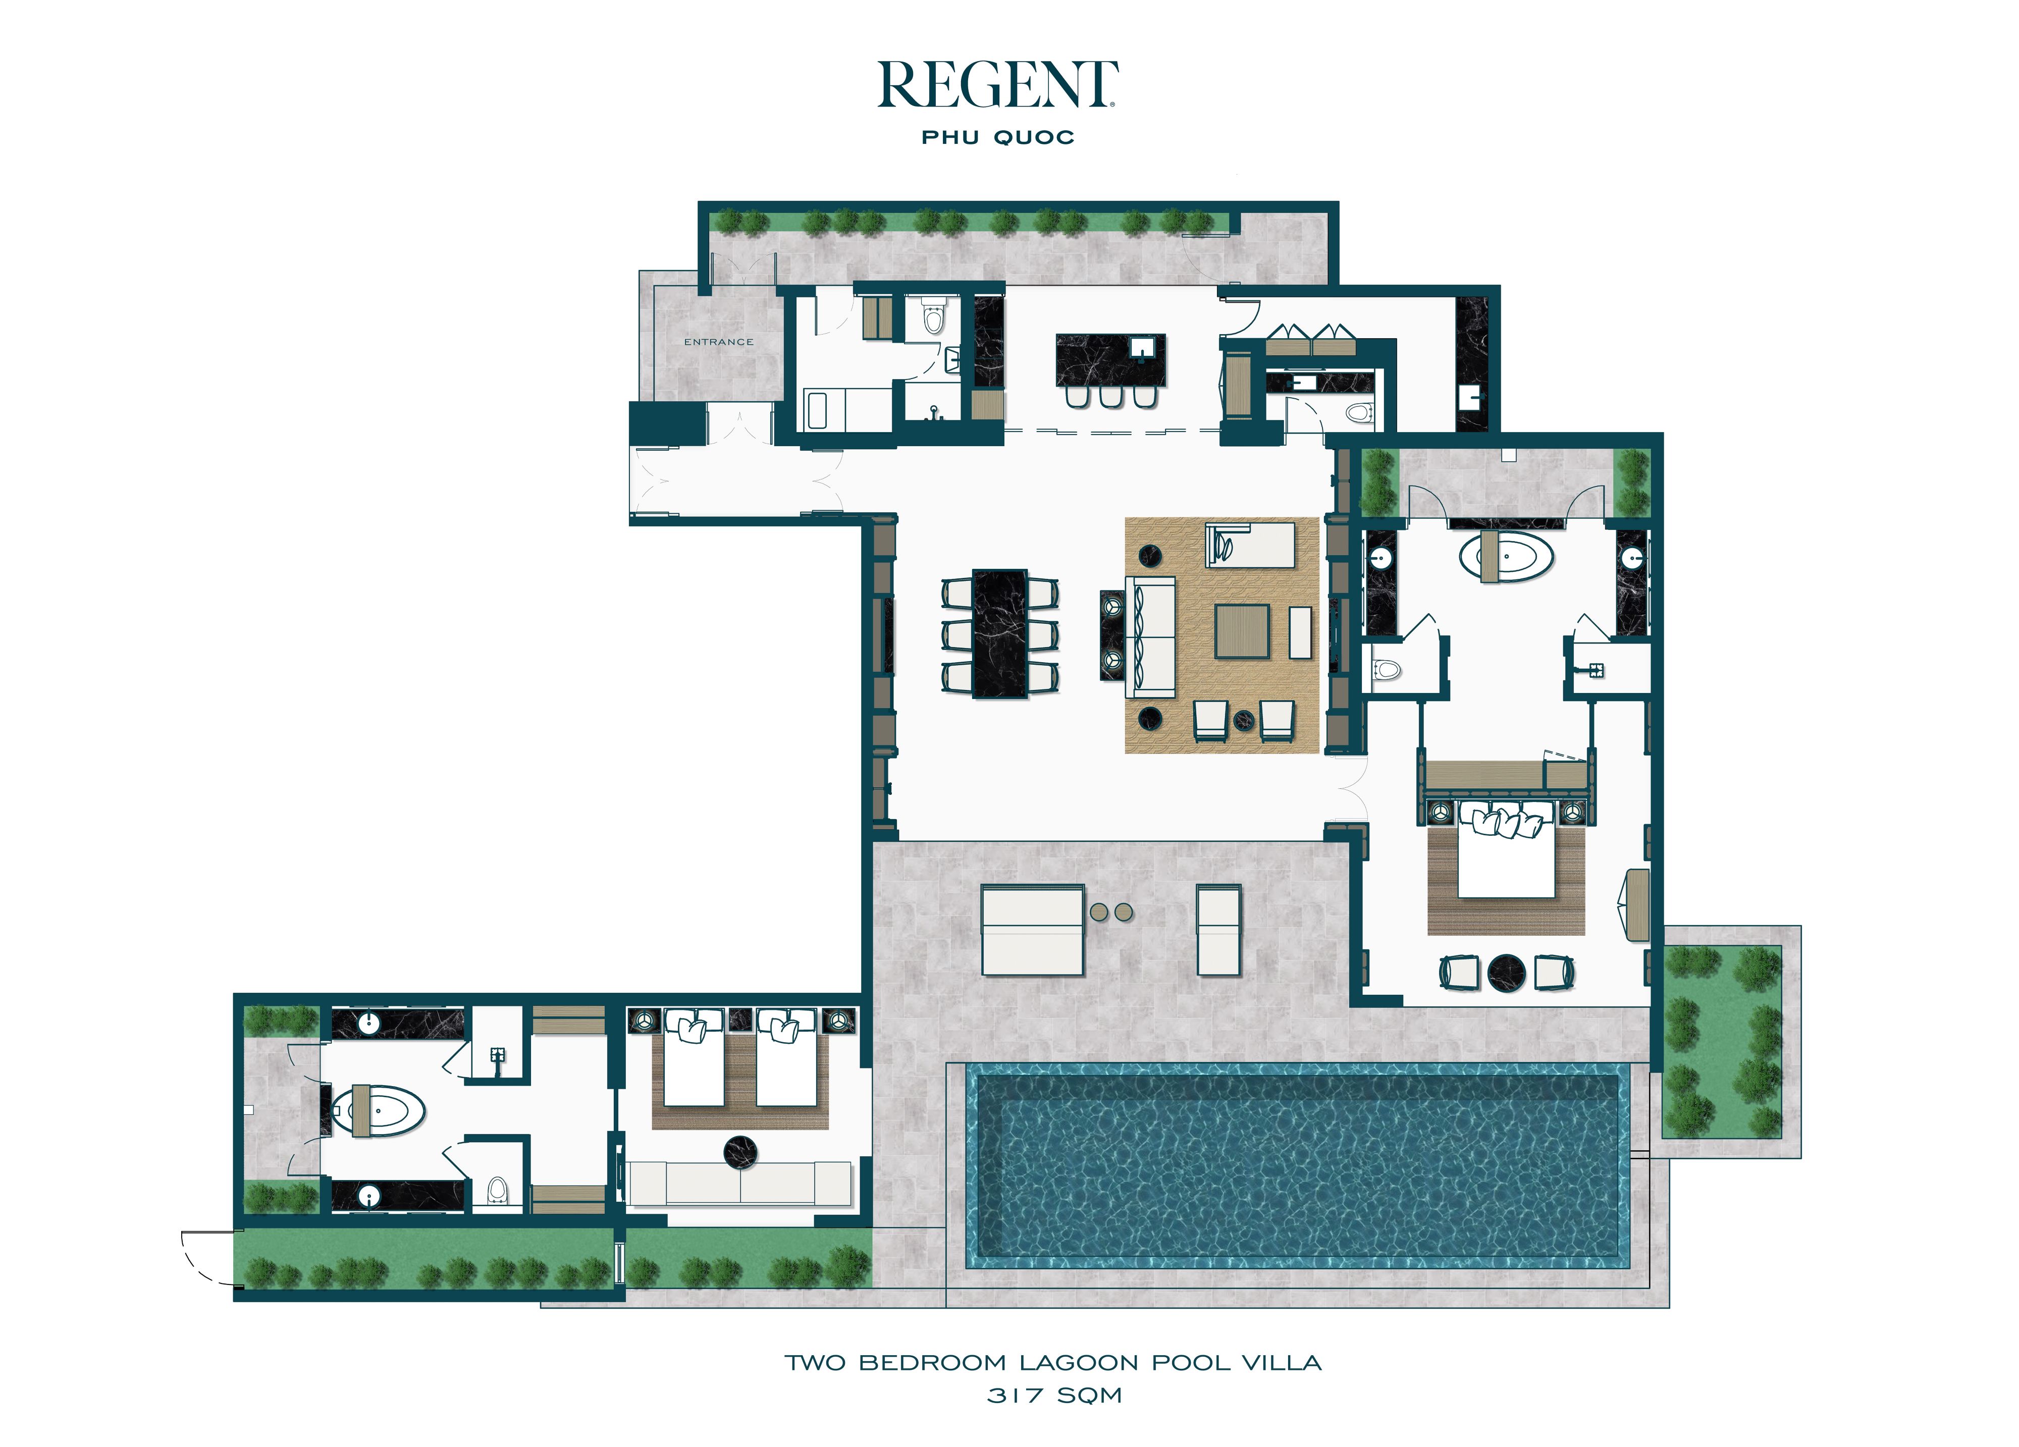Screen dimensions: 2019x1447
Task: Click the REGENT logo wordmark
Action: click(998, 85)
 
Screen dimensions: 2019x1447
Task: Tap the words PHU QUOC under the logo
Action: click(998, 137)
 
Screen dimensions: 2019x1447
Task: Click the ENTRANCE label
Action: click(718, 342)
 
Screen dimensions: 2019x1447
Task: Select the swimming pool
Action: click(1298, 1166)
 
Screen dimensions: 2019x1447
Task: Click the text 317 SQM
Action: click(1054, 1396)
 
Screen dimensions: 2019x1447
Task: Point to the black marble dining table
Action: click(1000, 633)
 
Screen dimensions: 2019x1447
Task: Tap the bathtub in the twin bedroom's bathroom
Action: click(379, 1111)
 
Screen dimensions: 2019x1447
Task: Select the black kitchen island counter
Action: click(1110, 360)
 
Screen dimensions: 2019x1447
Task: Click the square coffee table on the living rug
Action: click(1242, 631)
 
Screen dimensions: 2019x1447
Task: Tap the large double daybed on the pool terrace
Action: click(1033, 929)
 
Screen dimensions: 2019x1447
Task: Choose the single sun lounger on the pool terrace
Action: click(1218, 929)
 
